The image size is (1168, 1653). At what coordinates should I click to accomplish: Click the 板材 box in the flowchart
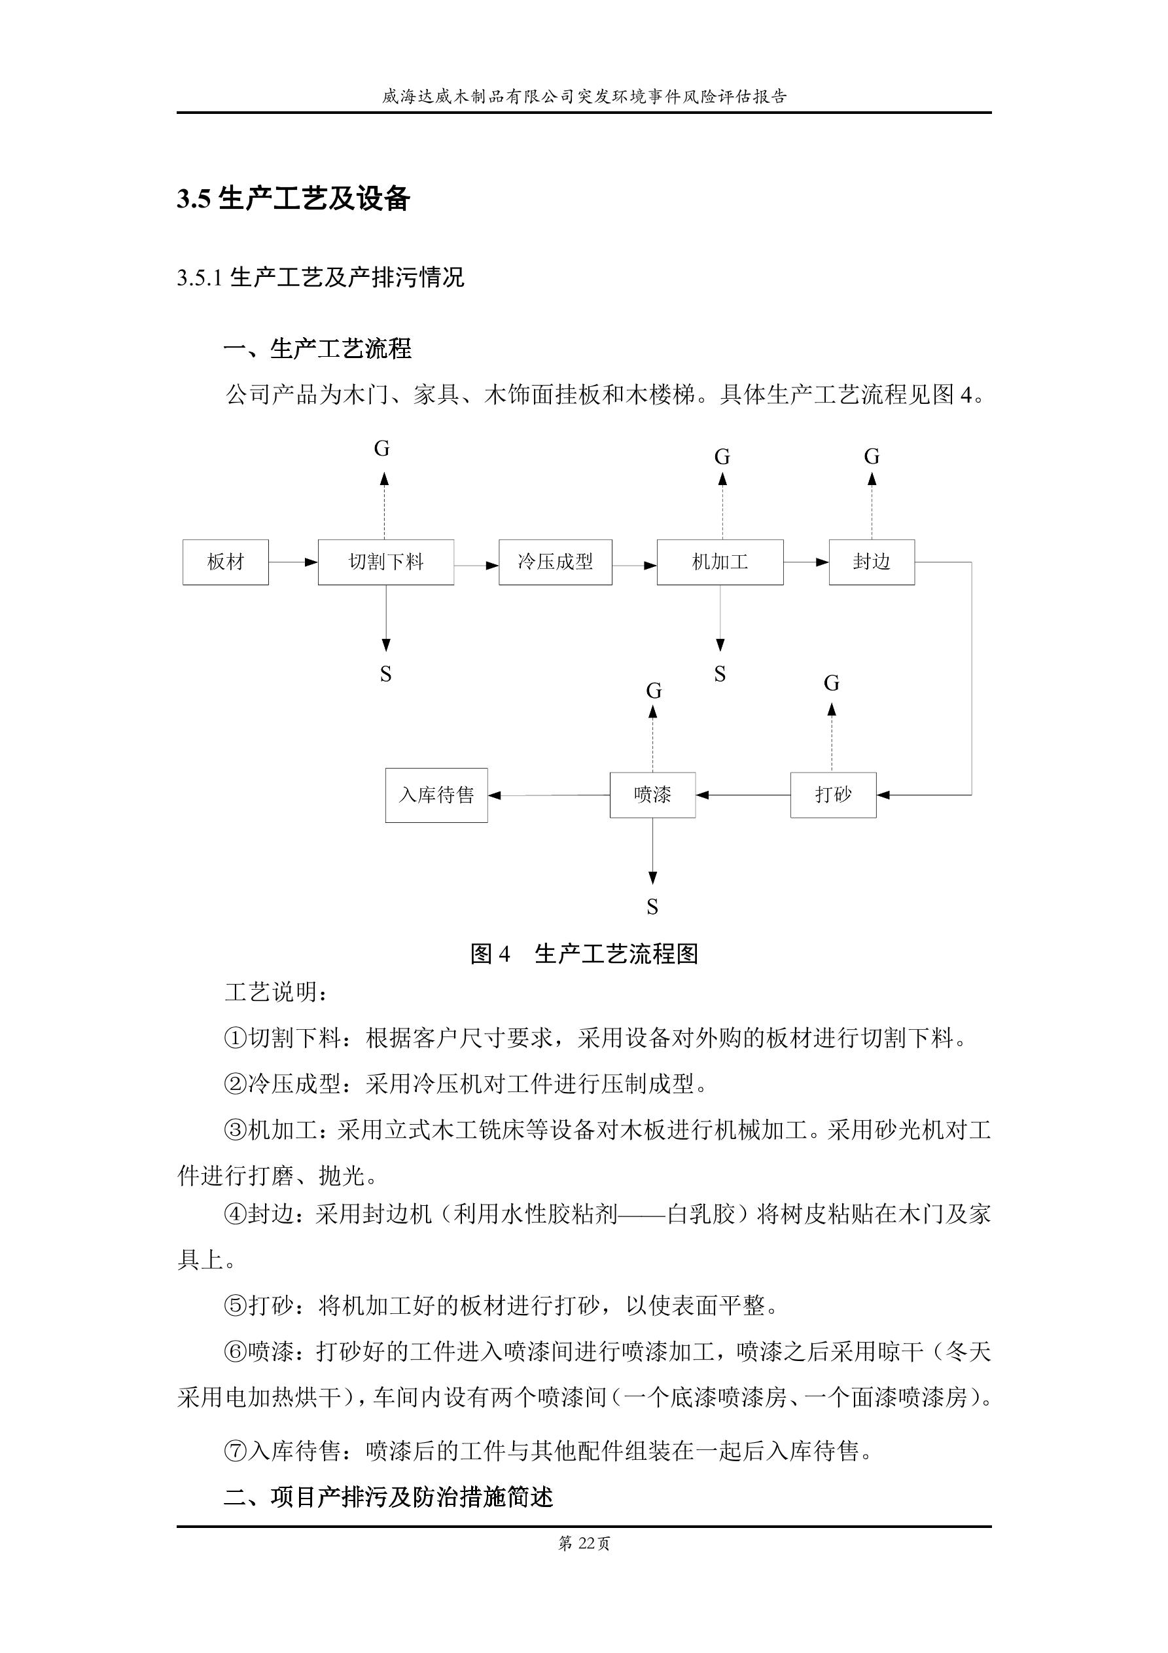tap(225, 562)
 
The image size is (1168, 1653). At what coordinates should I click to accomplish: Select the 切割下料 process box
tap(386, 562)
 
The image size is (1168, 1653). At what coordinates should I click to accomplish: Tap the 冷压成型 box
tap(555, 562)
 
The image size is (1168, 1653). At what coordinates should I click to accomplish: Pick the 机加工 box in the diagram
tap(720, 562)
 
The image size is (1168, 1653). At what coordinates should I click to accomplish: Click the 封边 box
tap(872, 562)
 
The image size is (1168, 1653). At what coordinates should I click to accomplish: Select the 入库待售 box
tap(436, 795)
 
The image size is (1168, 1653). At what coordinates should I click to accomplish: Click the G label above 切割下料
tap(382, 449)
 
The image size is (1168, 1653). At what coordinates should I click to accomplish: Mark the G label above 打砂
tap(832, 683)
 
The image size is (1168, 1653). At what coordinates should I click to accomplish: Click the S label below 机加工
tap(720, 674)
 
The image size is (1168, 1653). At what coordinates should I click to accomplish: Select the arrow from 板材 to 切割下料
tap(293, 562)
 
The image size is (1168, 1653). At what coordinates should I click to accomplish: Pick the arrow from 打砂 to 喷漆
tap(743, 795)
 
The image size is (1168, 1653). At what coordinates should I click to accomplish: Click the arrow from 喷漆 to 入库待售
tap(548, 795)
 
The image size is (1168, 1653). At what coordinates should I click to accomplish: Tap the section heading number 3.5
tap(194, 200)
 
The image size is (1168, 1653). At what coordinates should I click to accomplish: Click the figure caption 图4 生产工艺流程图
tap(584, 954)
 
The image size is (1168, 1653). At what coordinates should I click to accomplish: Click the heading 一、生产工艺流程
tap(317, 349)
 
